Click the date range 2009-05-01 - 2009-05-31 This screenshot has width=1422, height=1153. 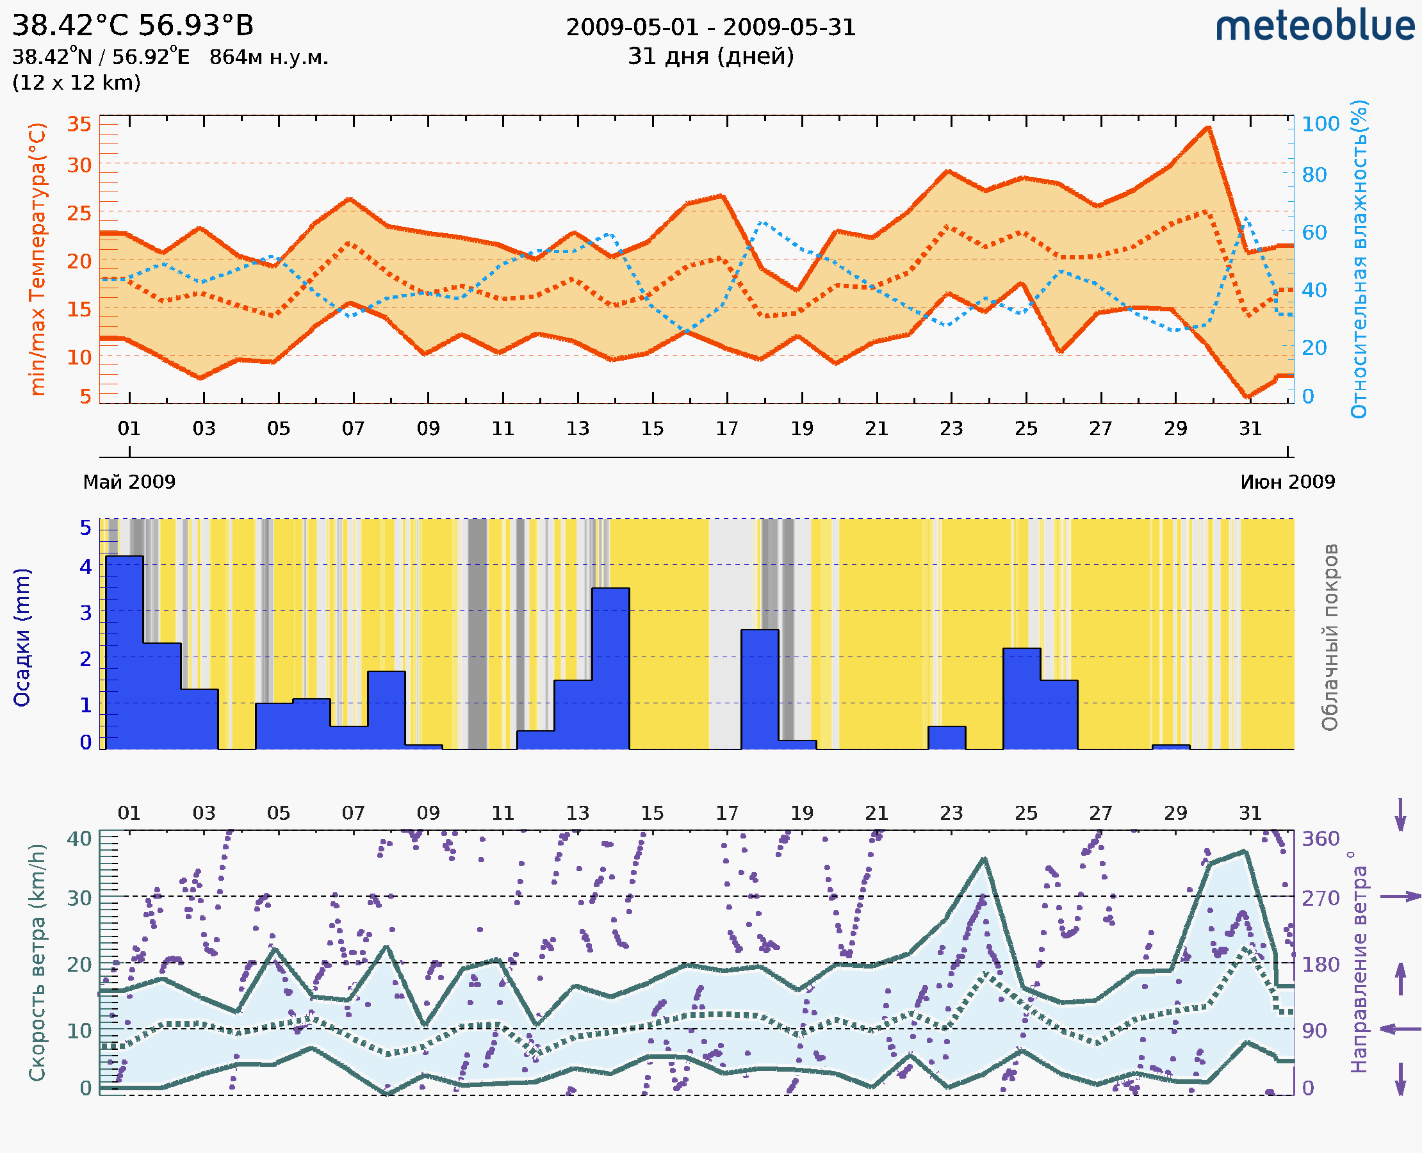710,28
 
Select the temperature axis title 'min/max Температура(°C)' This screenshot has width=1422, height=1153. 38,259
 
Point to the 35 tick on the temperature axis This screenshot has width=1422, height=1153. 79,124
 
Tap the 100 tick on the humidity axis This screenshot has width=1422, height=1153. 1320,124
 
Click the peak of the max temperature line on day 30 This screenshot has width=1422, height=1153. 1208,127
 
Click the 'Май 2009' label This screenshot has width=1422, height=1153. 129,482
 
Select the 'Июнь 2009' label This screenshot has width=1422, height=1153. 1287,482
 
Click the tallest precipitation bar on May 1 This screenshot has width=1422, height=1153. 124,651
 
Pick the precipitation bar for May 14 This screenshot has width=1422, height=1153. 610,667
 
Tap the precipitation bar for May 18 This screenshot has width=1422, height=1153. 760,688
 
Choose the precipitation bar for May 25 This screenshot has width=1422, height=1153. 1022,698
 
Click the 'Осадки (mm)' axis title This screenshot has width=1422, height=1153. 22,637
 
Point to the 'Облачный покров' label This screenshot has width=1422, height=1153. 1329,637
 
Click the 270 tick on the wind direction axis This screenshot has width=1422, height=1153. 1320,898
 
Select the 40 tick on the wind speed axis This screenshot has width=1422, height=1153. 79,838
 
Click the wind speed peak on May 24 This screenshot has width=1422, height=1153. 984,860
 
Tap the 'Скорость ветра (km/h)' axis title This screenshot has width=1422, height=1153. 38,962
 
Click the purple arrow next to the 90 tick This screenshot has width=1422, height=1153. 1400,1029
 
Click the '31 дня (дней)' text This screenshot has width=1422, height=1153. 710,56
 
